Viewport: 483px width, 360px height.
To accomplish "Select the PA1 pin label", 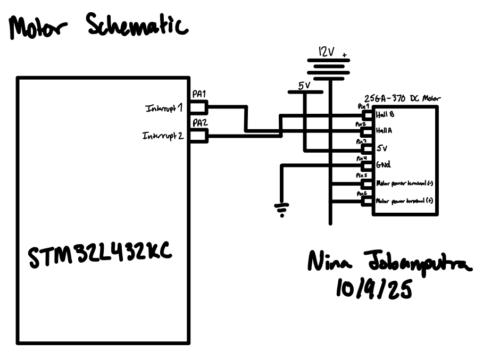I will coord(199,94).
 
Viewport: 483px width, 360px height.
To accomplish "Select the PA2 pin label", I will coord(199,123).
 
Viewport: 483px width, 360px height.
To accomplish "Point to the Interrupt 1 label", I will coord(164,108).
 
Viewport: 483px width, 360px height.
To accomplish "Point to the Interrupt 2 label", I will coord(163,136).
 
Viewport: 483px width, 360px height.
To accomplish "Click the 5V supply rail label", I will coord(304,85).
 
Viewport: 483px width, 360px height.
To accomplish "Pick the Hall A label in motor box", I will coord(385,130).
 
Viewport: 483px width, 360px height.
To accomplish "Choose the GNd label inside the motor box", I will coord(383,165).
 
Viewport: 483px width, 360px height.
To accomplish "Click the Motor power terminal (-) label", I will coord(404,183).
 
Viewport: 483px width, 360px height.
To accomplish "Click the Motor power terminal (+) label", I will coord(404,202).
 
